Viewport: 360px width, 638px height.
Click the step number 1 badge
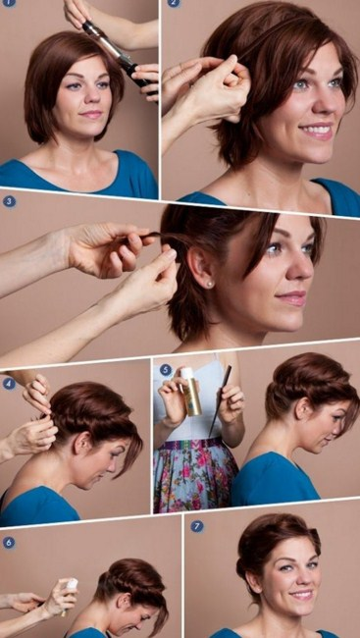click(x=9, y=2)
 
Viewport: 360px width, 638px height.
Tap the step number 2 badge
click(x=174, y=3)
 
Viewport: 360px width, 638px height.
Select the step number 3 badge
click(x=10, y=201)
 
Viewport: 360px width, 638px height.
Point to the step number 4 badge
click(x=9, y=383)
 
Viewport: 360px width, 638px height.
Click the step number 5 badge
click(x=166, y=370)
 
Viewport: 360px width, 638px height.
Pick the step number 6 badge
click(x=9, y=543)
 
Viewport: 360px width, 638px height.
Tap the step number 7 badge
click(x=197, y=526)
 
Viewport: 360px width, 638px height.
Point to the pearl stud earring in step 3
click(x=209, y=285)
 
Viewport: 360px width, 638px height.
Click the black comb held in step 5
click(x=220, y=400)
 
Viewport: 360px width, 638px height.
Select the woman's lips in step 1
click(x=91, y=114)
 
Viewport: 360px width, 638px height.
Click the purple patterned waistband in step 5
click(x=192, y=444)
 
